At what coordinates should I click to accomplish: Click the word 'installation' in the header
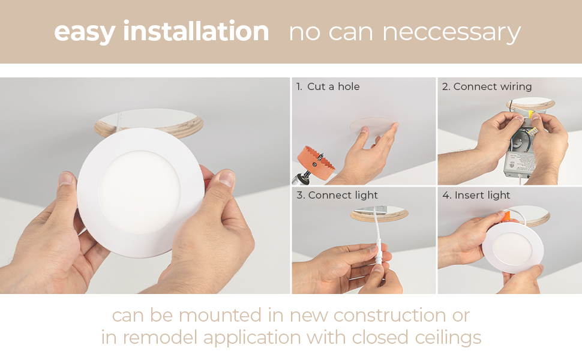(x=196, y=31)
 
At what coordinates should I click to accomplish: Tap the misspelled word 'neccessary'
(x=451, y=33)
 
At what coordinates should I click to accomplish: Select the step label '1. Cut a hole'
(x=328, y=86)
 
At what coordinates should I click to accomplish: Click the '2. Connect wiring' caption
(x=487, y=87)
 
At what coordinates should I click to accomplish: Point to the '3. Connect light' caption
(x=337, y=195)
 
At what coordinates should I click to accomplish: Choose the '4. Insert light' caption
(x=476, y=195)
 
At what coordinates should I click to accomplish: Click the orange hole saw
(x=316, y=163)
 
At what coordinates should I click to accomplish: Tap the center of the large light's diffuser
(x=140, y=192)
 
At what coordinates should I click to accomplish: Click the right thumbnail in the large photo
(x=227, y=178)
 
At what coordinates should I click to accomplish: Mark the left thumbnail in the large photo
(x=66, y=178)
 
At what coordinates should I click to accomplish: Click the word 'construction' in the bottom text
(x=390, y=316)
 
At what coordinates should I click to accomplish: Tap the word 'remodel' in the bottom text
(x=160, y=338)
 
